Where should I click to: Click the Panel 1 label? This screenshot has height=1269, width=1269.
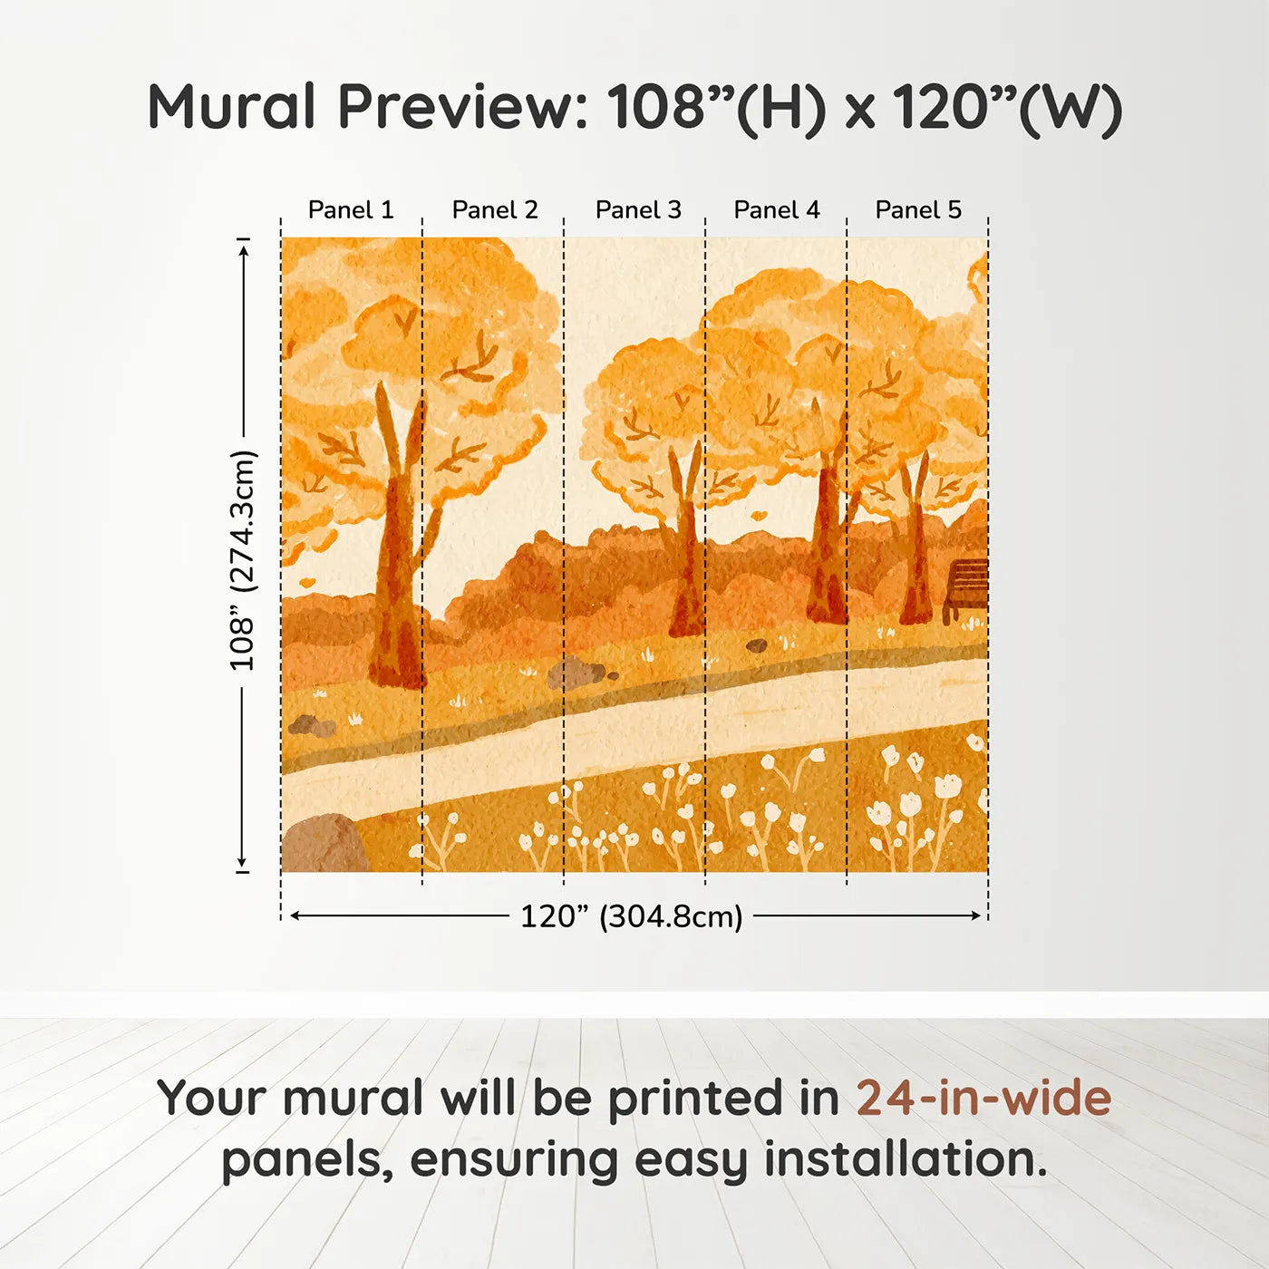[351, 210]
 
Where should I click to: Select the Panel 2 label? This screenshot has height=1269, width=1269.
[495, 210]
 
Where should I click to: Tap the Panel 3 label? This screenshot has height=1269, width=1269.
[638, 210]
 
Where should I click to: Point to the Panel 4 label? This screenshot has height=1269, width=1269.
[777, 210]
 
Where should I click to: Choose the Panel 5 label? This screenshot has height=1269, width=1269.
[918, 210]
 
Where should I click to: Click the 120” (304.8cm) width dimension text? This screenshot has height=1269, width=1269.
[632, 916]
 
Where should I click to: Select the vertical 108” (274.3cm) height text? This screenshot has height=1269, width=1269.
[242, 561]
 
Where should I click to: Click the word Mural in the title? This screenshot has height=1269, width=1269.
[232, 106]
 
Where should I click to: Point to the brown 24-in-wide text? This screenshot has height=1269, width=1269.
[983, 1098]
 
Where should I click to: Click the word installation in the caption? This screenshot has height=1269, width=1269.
[906, 1159]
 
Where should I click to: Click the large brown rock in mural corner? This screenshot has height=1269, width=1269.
[325, 844]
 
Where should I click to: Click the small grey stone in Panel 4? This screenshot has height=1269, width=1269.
[757, 645]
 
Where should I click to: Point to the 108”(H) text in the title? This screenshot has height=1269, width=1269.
[716, 107]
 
